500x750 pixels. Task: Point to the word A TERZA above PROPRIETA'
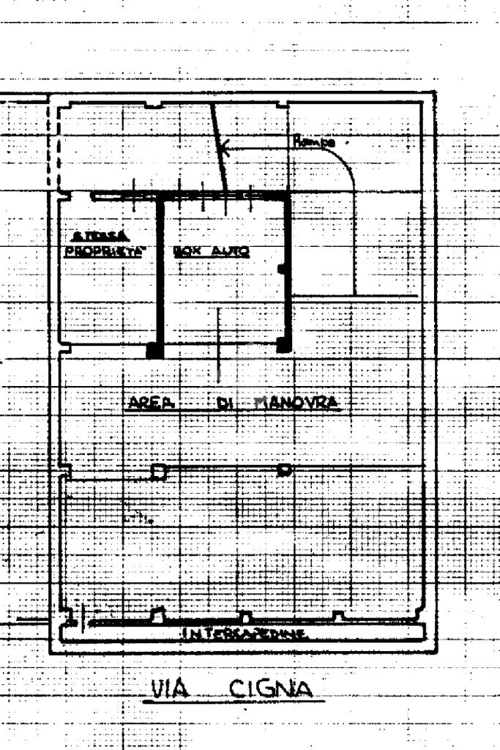click(x=102, y=236)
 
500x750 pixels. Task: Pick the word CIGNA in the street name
click(x=269, y=689)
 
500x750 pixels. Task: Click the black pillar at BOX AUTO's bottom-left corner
click(x=154, y=350)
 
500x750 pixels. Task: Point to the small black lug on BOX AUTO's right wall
click(x=283, y=270)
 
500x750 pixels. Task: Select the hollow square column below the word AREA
click(x=157, y=472)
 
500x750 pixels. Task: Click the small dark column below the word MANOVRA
click(x=285, y=469)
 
